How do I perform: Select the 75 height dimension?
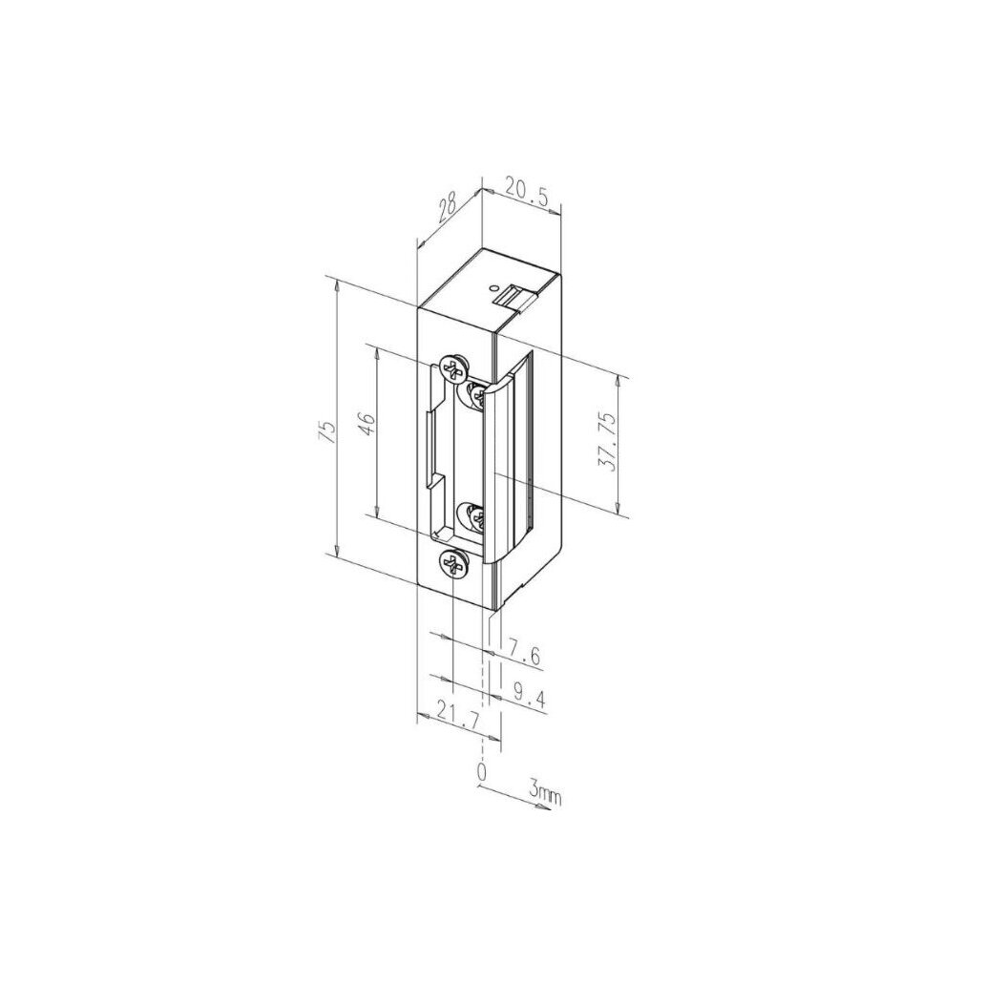(327, 432)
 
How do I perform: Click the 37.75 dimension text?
(607, 442)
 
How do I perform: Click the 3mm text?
(544, 791)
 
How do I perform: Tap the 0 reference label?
(482, 771)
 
